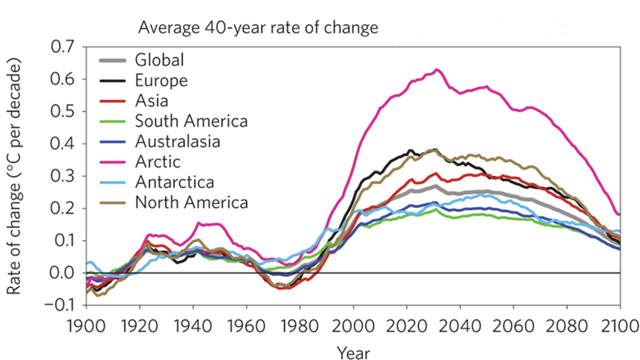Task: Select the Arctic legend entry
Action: [157, 161]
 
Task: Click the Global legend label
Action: [159, 60]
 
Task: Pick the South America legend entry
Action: [191, 121]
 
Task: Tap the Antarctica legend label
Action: [174, 182]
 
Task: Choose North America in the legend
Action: [191, 202]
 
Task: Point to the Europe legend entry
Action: [161, 80]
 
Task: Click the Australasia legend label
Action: [177, 141]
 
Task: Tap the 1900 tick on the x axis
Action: [86, 326]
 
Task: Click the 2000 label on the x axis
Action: [353, 326]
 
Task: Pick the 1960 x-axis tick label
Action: [246, 326]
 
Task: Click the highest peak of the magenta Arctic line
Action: [437, 69]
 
